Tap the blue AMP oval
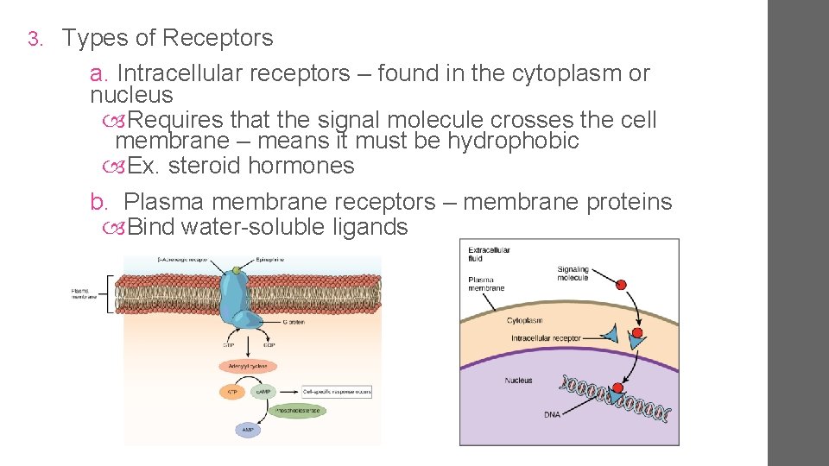point(249,429)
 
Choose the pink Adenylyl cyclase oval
point(248,365)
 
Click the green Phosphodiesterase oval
point(297,411)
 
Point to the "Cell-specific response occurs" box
point(337,391)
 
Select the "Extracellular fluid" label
point(489,255)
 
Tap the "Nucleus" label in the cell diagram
point(518,381)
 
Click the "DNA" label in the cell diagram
point(552,414)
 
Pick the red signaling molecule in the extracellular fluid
point(620,283)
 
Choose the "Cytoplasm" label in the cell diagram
point(525,320)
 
